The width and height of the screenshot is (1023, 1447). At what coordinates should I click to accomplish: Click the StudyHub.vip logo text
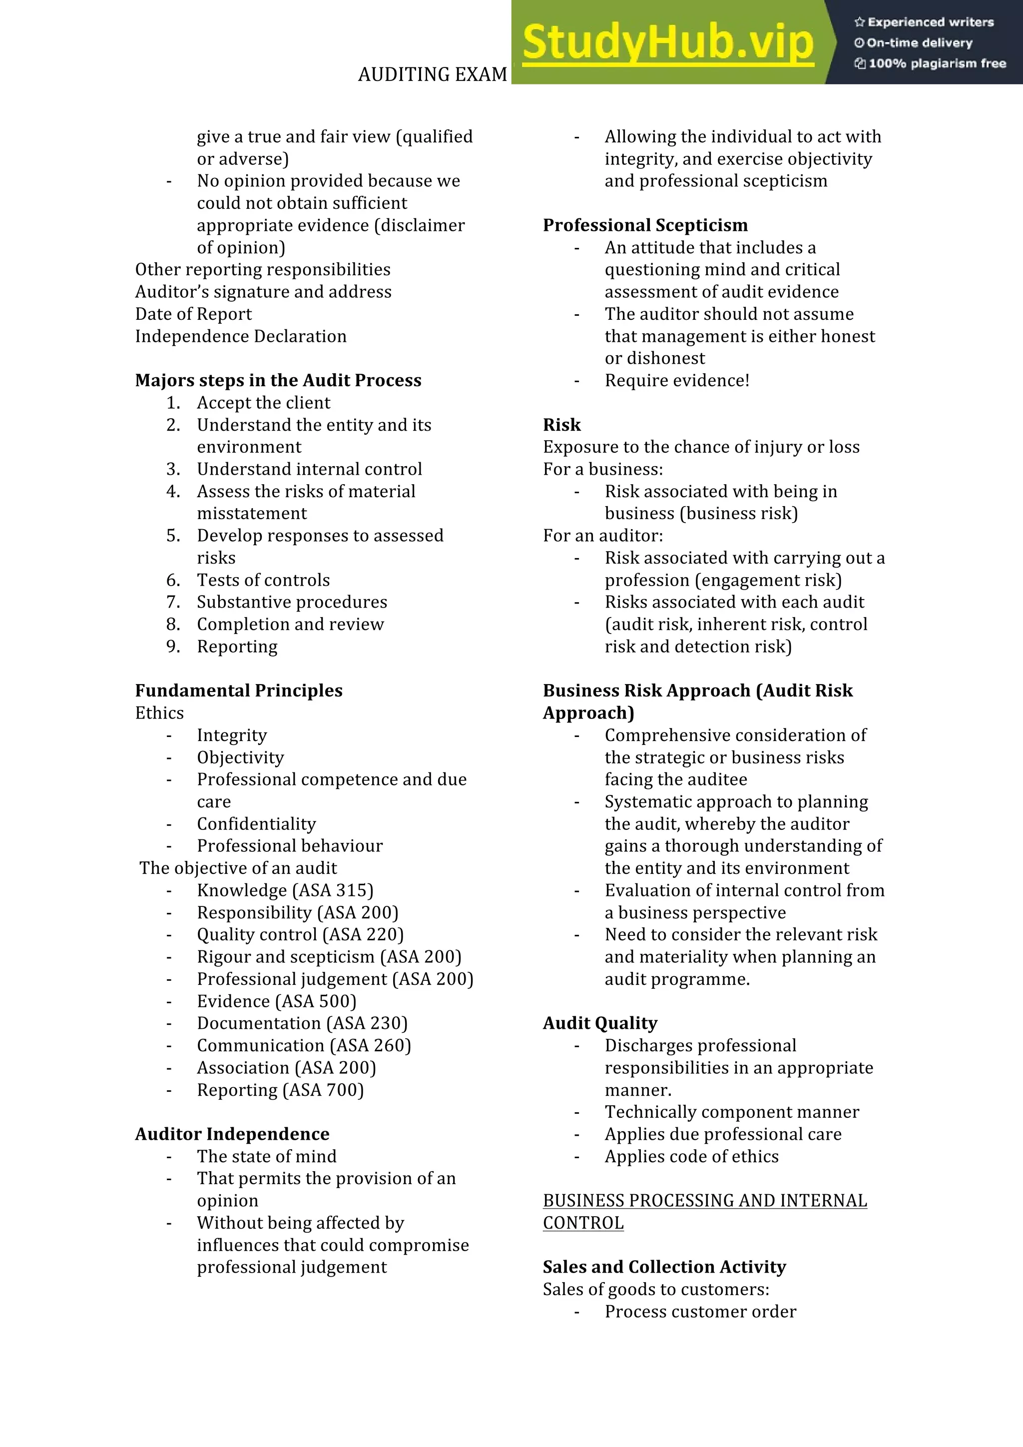click(668, 43)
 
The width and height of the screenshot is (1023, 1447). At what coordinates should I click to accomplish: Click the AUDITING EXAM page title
click(432, 74)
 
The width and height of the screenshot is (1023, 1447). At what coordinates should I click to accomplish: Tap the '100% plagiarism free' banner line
click(931, 63)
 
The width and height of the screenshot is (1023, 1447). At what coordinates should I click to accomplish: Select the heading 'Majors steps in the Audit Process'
click(278, 380)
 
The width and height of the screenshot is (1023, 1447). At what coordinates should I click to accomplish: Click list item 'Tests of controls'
click(263, 580)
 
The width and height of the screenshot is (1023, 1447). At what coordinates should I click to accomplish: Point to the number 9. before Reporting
click(173, 647)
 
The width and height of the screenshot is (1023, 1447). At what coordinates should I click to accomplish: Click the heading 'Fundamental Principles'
click(239, 691)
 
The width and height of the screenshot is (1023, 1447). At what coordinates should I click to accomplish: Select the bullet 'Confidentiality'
click(256, 824)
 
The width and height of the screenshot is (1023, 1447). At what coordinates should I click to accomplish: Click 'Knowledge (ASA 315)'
click(285, 890)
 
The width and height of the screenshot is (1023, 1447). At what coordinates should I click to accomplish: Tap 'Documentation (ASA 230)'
click(302, 1023)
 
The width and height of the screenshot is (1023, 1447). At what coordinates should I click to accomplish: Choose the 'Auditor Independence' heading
click(232, 1134)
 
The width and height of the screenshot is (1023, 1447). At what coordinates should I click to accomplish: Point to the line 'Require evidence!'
click(676, 381)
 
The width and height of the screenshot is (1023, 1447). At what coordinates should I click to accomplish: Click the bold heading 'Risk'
click(562, 425)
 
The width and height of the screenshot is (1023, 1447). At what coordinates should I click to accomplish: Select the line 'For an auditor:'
click(603, 536)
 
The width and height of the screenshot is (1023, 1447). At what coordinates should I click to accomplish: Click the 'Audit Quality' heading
click(600, 1023)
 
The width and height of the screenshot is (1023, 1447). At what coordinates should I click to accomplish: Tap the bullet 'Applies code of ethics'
click(691, 1157)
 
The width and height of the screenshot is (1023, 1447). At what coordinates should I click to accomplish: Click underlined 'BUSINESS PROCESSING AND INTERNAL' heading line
click(704, 1201)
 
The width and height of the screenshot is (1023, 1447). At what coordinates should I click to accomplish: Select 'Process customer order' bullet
click(700, 1312)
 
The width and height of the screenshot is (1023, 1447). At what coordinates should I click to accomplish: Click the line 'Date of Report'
click(193, 314)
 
